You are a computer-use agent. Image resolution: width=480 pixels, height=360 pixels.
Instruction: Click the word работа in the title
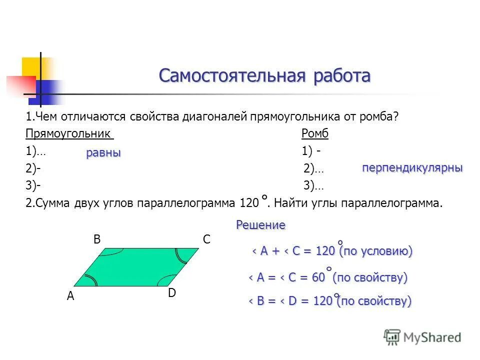[342, 76]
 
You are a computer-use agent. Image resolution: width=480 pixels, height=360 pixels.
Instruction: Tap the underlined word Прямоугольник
[69, 134]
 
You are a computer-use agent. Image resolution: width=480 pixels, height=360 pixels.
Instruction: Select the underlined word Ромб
[315, 134]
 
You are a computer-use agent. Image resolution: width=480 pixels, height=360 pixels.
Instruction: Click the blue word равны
[103, 153]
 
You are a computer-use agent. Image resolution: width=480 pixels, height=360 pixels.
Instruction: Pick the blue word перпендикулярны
[412, 168]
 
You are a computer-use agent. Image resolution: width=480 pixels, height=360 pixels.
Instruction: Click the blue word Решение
[260, 225]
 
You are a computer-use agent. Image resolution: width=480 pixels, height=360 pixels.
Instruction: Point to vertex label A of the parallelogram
[70, 296]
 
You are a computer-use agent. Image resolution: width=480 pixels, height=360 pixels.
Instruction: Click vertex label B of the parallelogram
[97, 240]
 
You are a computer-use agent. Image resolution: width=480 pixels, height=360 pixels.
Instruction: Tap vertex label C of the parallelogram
[206, 240]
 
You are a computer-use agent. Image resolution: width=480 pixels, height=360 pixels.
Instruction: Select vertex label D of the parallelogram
[171, 293]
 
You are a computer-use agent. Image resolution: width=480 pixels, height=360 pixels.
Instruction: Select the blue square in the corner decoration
[47, 91]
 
